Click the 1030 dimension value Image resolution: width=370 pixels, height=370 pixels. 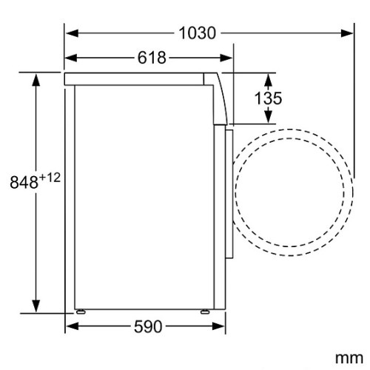point(198,33)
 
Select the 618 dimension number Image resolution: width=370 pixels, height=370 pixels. point(152,58)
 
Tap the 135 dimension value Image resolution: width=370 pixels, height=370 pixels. point(268,98)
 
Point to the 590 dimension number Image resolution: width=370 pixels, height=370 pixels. point(148,326)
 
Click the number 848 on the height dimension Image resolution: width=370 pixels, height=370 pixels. point(24,182)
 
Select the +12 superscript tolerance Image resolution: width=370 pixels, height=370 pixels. point(50,178)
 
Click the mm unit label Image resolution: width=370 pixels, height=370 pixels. point(349,357)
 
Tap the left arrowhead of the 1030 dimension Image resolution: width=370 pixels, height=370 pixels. point(72,33)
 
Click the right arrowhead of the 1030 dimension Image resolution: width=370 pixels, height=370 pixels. point(347,33)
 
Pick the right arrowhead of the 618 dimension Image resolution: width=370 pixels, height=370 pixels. point(226,58)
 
